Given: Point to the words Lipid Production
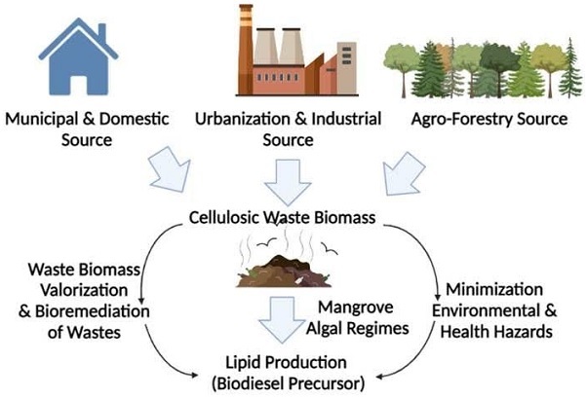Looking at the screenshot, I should click(294, 362).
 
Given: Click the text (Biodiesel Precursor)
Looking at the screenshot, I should click(293, 382).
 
